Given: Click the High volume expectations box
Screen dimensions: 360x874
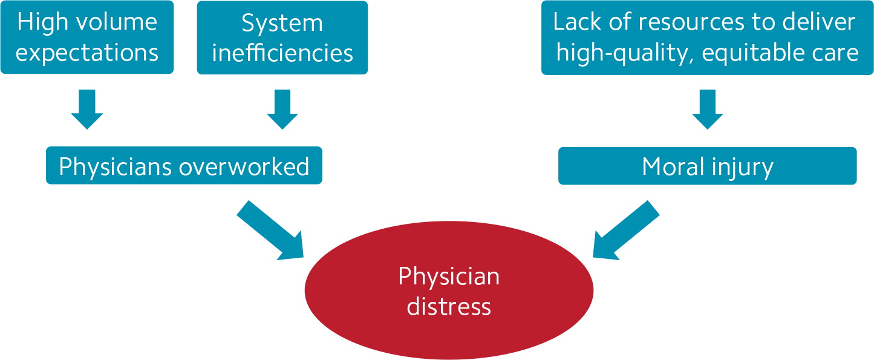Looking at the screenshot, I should [x=87, y=37].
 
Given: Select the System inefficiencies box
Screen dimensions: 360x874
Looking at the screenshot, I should [x=282, y=38].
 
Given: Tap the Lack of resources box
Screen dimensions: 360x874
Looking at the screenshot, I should [x=707, y=38].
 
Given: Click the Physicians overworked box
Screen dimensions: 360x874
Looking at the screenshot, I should [x=184, y=166].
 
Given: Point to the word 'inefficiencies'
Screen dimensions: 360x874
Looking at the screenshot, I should [x=282, y=53].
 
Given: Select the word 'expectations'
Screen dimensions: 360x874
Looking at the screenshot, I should [x=87, y=53].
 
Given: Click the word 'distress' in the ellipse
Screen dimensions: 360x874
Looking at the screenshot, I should [x=449, y=306].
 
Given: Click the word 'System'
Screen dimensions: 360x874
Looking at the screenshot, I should [x=282, y=23].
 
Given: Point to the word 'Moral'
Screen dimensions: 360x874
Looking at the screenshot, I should [x=673, y=166].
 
